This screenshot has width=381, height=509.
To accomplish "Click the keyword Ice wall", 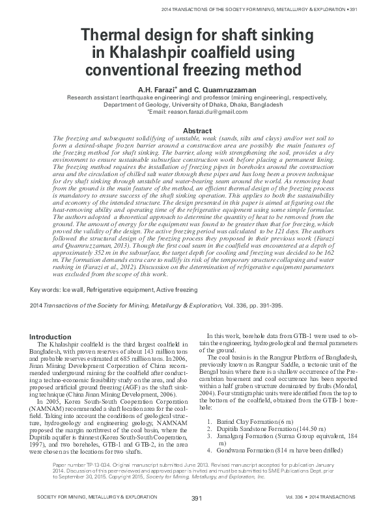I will click(79, 287).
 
